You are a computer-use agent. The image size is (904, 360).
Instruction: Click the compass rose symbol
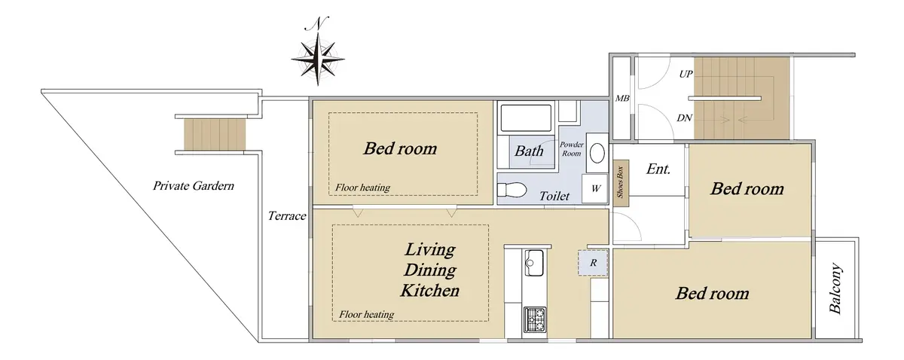[x=318, y=59]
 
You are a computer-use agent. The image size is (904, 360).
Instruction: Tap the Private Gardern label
[x=194, y=186]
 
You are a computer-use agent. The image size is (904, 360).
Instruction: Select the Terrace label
[x=287, y=216]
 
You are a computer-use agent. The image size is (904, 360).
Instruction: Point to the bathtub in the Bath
[x=526, y=118]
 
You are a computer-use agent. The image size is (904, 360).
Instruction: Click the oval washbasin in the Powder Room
[x=597, y=154]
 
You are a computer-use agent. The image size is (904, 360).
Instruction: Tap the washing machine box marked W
[x=594, y=188]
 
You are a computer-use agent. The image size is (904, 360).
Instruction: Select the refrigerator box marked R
[x=592, y=263]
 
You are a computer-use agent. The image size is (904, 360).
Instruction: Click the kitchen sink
[x=534, y=263]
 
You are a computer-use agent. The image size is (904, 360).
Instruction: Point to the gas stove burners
[x=535, y=319]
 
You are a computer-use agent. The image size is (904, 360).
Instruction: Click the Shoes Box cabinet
[x=620, y=184]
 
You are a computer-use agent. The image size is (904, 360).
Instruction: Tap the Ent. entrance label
[x=658, y=169]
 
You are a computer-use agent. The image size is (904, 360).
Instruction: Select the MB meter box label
[x=622, y=98]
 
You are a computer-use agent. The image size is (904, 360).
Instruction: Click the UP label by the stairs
[x=686, y=74]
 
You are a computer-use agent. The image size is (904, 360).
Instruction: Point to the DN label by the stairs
[x=684, y=117]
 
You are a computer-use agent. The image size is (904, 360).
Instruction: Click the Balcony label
[x=835, y=288]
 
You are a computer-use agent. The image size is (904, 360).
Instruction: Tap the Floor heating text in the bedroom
[x=362, y=188]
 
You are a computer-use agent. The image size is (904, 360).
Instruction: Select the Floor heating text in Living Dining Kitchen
[x=366, y=314]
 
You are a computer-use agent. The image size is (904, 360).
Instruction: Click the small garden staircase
[x=215, y=134]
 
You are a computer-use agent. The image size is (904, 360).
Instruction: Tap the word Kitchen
[x=430, y=291]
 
